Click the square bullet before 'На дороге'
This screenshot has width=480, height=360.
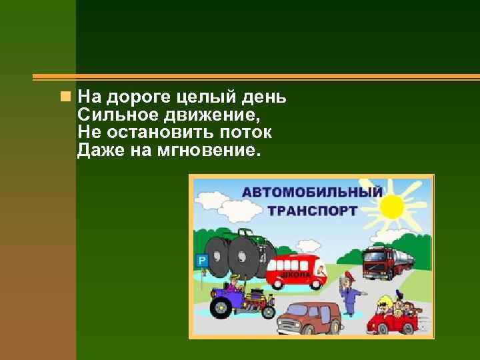64,97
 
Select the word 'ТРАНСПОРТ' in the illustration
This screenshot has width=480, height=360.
313,211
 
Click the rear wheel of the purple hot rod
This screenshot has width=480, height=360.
219,308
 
